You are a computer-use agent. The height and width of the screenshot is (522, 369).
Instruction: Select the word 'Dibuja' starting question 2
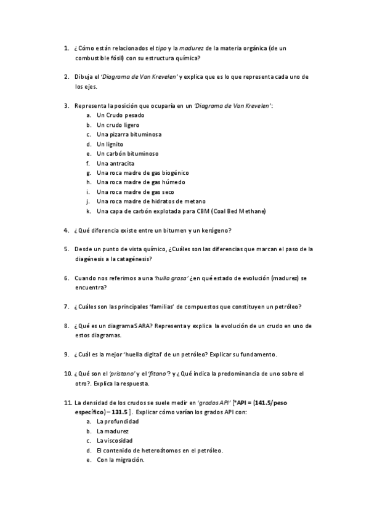(84, 77)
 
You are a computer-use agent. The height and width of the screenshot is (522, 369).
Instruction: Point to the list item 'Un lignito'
(110, 144)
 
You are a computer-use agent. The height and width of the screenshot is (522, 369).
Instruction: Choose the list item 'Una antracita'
(116, 163)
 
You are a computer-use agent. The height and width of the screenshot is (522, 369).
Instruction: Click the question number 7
(66, 307)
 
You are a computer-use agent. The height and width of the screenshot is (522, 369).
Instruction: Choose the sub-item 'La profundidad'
(118, 422)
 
